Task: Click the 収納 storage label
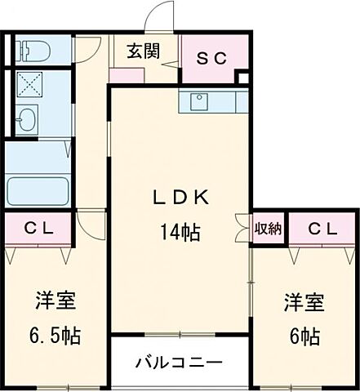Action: tap(268, 229)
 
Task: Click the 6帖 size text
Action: tap(303, 336)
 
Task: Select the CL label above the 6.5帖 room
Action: tap(38, 229)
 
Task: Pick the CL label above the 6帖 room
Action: tap(322, 229)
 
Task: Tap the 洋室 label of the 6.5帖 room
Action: tap(55, 301)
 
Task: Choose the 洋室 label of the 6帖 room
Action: tap(304, 302)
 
